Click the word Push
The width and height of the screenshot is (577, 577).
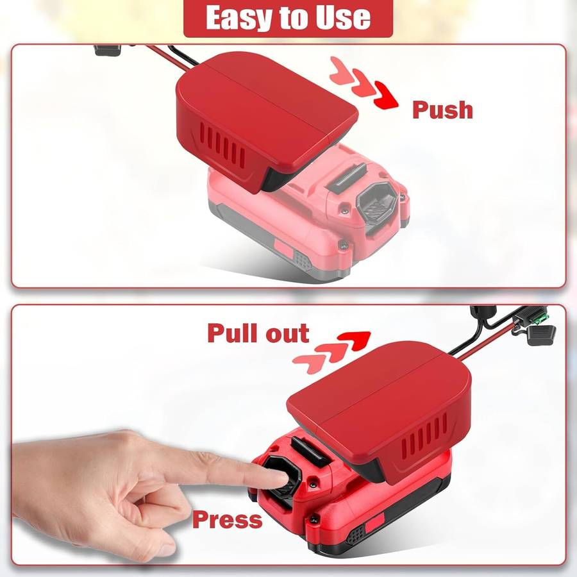coord(442,110)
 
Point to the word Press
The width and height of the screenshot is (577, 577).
coord(228,519)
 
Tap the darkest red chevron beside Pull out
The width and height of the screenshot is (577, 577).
coord(355,340)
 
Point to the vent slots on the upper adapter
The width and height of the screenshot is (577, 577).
coord(222,146)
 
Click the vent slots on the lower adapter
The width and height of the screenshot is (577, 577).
coord(424,435)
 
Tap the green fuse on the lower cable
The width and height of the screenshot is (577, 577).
coord(542,320)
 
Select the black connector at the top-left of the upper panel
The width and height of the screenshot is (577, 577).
coord(108,50)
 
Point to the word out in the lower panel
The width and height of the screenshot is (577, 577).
coord(288,334)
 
